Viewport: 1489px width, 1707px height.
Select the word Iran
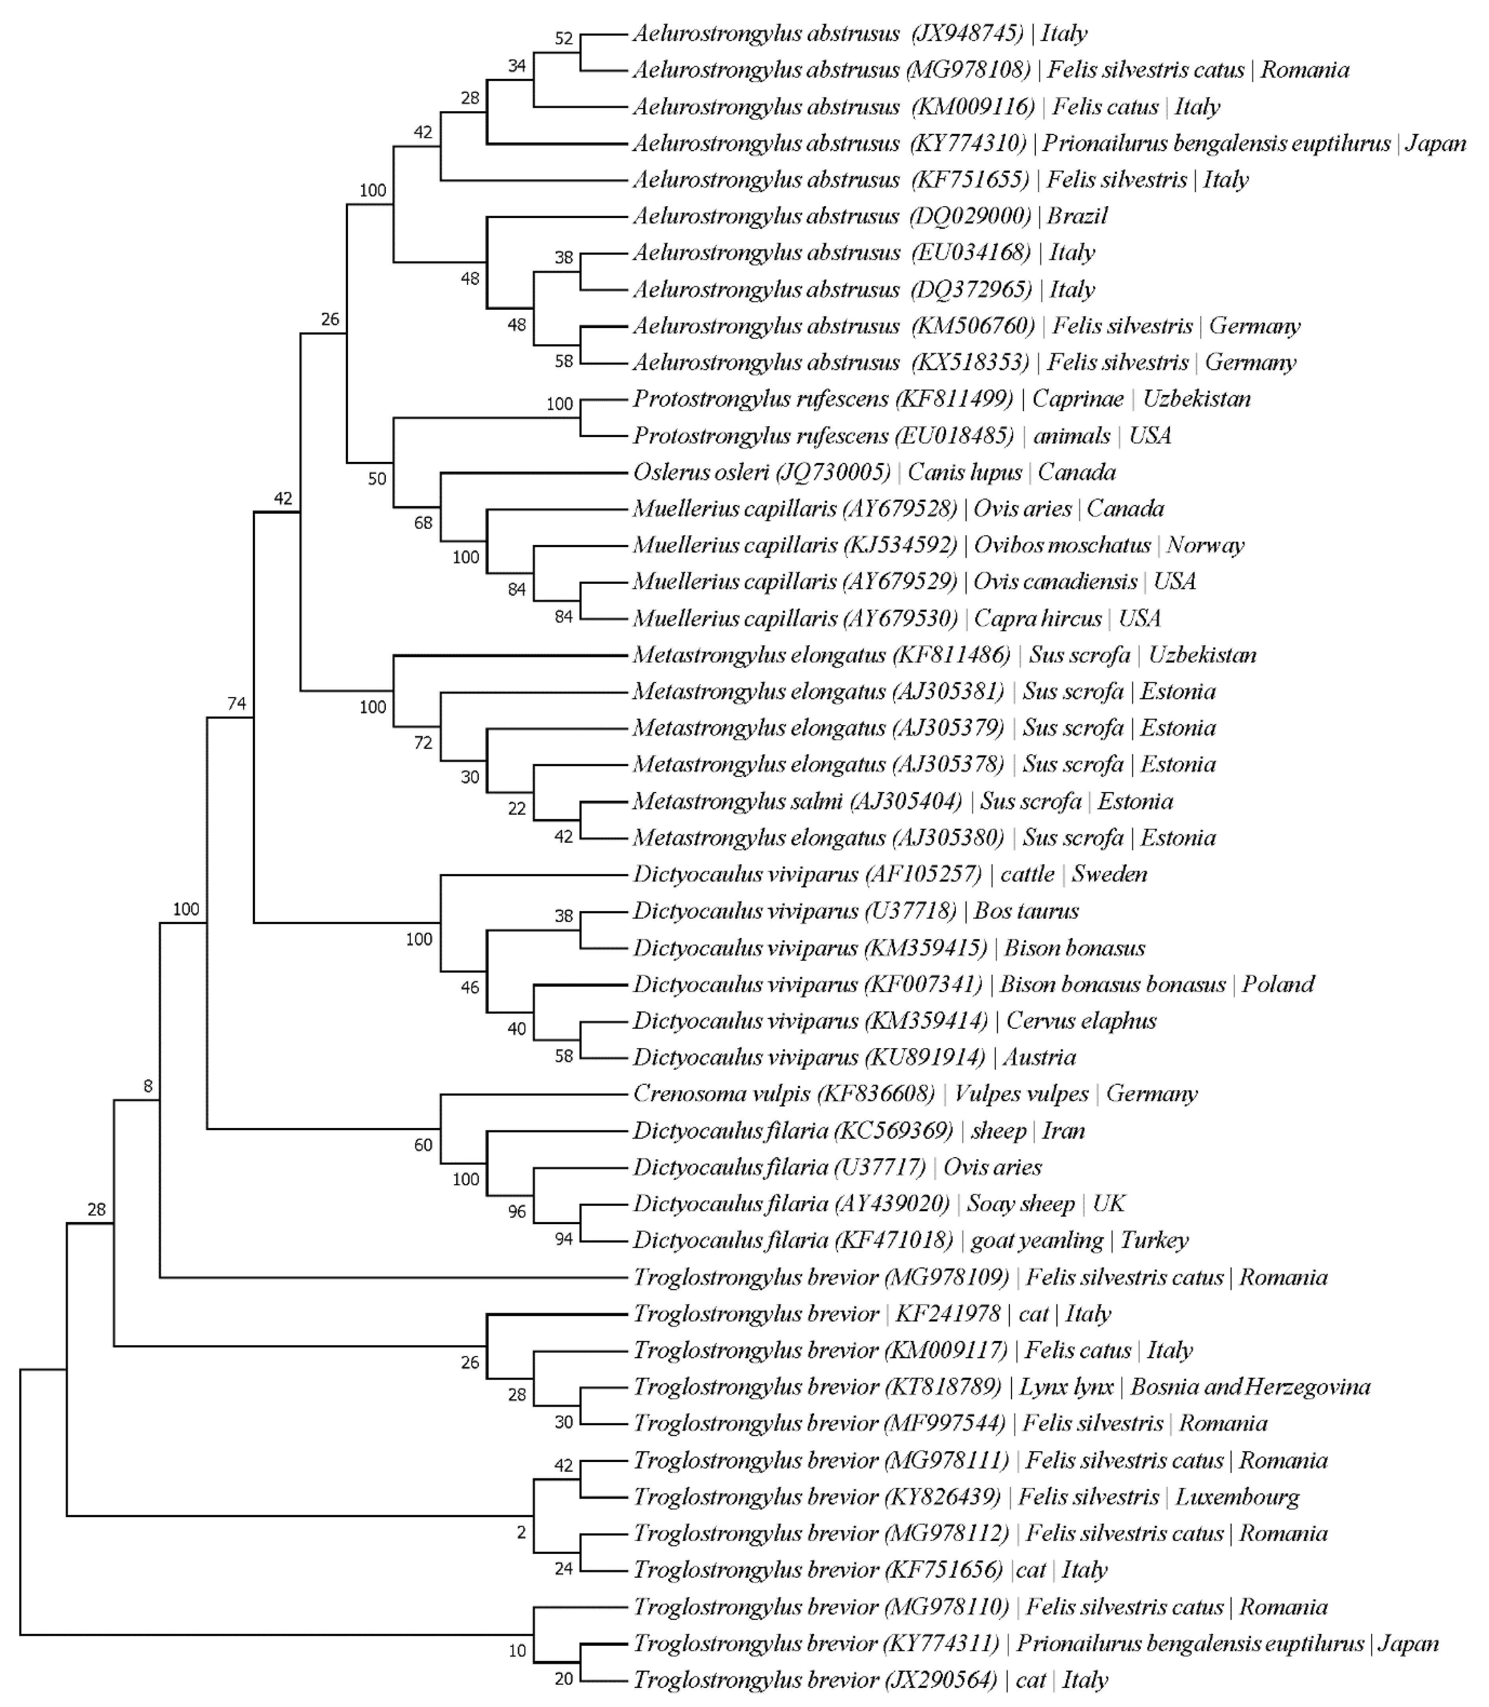(1064, 1130)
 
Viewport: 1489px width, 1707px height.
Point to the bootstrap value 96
(517, 1212)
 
